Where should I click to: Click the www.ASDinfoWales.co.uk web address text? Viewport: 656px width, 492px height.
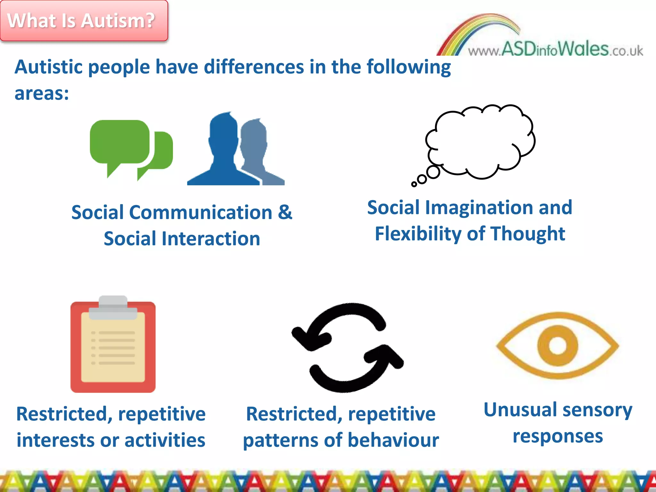click(x=556, y=50)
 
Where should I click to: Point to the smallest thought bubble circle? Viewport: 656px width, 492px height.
click(x=414, y=184)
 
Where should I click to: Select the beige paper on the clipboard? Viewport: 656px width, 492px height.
click(x=113, y=349)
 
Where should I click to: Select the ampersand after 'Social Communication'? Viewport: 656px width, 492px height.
click(x=285, y=212)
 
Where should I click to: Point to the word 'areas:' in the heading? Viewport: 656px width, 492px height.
click(x=42, y=94)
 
